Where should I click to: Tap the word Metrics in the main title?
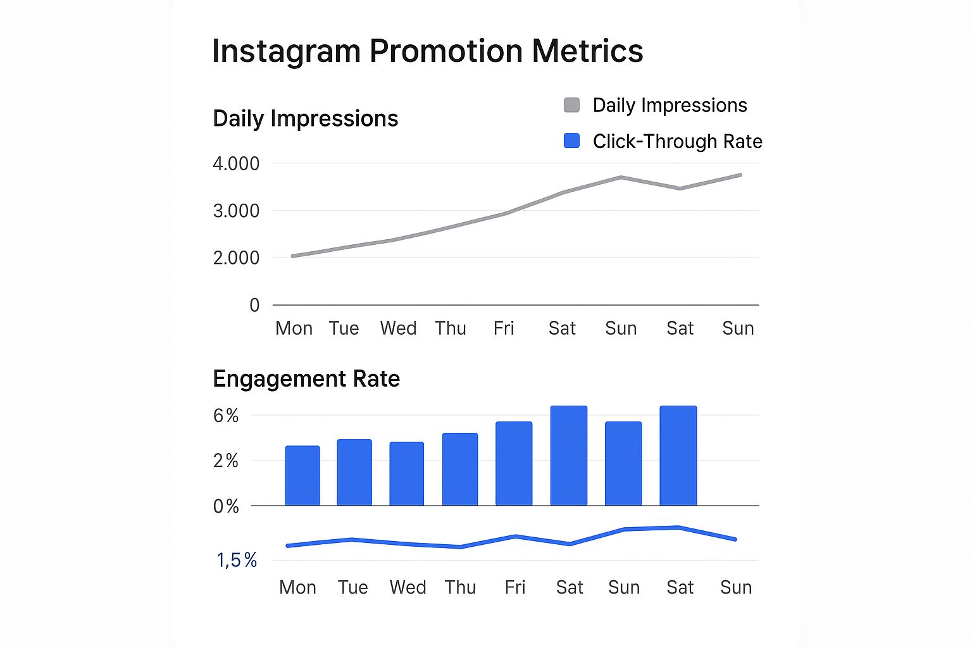587,51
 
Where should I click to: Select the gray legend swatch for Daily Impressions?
571,105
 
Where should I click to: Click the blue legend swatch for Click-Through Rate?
571,141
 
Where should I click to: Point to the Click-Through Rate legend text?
677,141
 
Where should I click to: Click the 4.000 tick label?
236,164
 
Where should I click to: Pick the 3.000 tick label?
236,211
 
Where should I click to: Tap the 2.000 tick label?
236,258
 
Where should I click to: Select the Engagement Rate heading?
306,378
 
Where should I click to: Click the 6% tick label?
226,416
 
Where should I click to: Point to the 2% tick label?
226,461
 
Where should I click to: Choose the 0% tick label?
226,506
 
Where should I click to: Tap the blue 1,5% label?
237,560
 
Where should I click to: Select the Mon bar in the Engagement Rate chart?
302,476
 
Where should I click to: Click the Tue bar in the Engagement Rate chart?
354,473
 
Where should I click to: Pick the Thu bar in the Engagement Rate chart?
460,470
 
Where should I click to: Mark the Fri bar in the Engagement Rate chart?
514,464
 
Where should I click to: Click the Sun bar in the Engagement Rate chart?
623,464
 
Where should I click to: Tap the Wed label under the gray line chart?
398,328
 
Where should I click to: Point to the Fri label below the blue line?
515,587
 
